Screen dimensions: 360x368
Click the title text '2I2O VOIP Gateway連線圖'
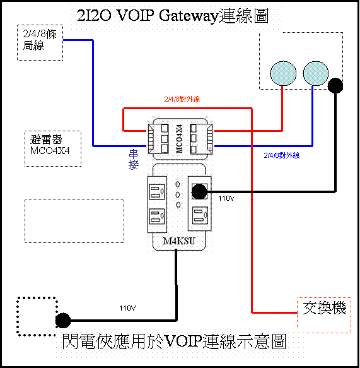point(173,16)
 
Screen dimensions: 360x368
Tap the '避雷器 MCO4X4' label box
point(53,148)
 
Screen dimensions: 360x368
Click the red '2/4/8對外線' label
point(182,99)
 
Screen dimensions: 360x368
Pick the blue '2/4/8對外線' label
point(282,155)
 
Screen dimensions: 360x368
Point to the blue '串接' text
point(134,160)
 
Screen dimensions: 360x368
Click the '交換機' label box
point(324,315)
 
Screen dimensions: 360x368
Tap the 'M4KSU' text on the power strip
point(179,241)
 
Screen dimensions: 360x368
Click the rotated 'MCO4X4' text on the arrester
point(179,139)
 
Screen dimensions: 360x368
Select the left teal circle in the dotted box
point(283,73)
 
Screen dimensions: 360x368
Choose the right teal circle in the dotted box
point(315,73)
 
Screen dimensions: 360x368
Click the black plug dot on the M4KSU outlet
point(199,192)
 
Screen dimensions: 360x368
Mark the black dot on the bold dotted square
point(63,321)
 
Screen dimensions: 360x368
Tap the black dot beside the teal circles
point(335,86)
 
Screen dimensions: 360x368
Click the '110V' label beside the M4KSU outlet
point(226,199)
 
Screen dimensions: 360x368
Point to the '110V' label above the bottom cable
point(127,308)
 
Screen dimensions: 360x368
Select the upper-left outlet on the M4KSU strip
point(157,193)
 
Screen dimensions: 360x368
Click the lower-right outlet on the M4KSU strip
point(200,215)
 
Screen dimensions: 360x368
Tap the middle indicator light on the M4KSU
point(178,195)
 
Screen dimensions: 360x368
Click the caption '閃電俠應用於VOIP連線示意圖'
point(174,341)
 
